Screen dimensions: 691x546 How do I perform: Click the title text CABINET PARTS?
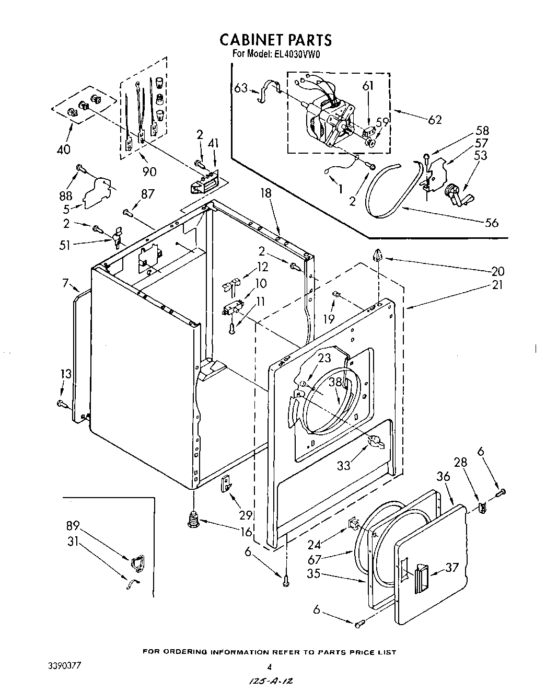[x=275, y=40]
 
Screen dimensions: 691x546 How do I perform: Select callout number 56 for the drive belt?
[x=492, y=223]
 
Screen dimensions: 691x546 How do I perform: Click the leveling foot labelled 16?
[x=194, y=520]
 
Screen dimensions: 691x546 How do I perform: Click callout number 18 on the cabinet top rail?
[x=266, y=194]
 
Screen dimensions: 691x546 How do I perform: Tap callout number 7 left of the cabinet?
[x=66, y=284]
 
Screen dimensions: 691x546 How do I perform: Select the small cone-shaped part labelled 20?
[x=379, y=256]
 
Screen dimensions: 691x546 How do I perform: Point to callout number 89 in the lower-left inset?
[x=73, y=525]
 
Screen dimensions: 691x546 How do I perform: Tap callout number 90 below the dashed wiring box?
[x=149, y=171]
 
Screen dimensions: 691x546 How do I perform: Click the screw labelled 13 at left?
[x=61, y=403]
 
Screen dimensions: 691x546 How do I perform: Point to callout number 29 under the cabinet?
[x=246, y=515]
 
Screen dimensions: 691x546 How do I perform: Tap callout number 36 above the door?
[x=443, y=477]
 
